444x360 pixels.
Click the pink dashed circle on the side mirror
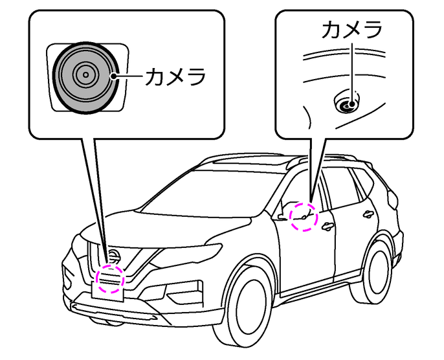304,216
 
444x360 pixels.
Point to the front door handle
328,226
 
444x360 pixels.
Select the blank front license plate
109,285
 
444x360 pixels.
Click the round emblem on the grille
113,255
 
